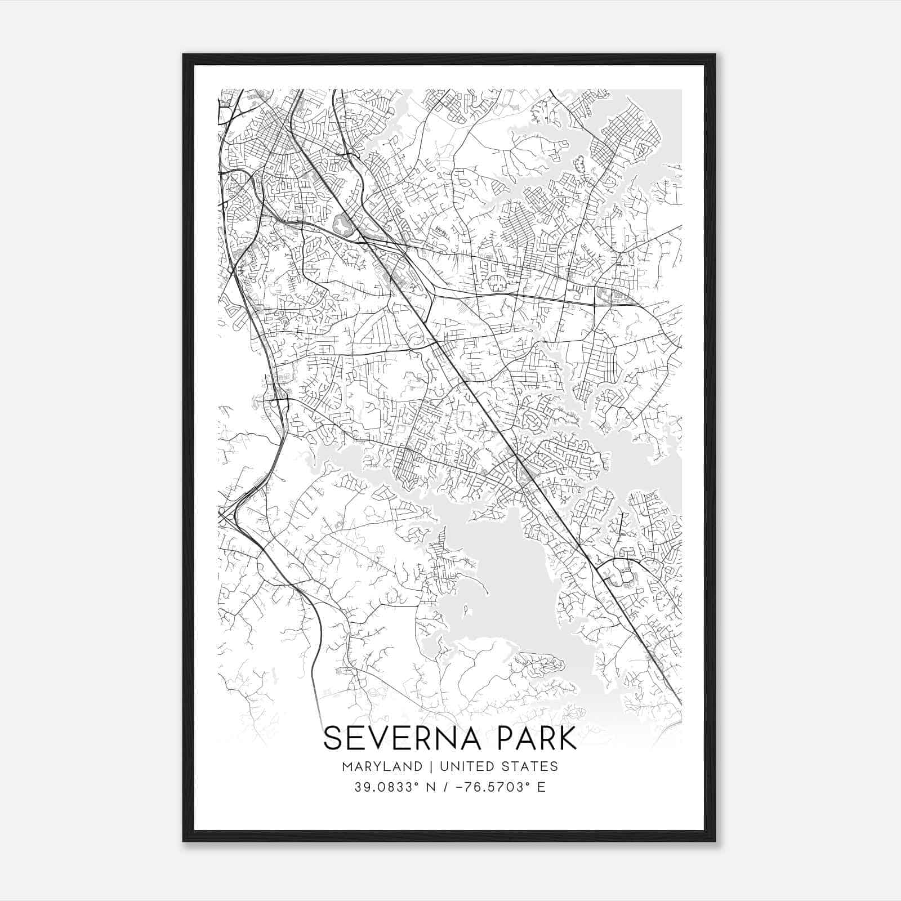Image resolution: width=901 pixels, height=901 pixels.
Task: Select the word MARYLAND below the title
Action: click(x=381, y=766)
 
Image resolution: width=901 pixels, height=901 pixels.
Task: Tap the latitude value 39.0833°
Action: click(x=385, y=787)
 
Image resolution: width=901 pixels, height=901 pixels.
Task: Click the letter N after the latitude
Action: click(x=431, y=787)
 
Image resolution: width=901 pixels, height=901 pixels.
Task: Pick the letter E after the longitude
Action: click(x=542, y=787)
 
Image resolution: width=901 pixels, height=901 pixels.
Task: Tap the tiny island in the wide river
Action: click(x=466, y=609)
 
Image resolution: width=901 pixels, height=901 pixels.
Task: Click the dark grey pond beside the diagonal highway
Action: click(x=341, y=226)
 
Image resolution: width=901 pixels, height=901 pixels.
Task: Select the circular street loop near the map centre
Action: click(x=495, y=283)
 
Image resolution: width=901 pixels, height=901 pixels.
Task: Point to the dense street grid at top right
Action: click(x=625, y=135)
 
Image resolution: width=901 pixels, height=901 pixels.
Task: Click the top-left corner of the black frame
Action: click(x=184, y=55)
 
